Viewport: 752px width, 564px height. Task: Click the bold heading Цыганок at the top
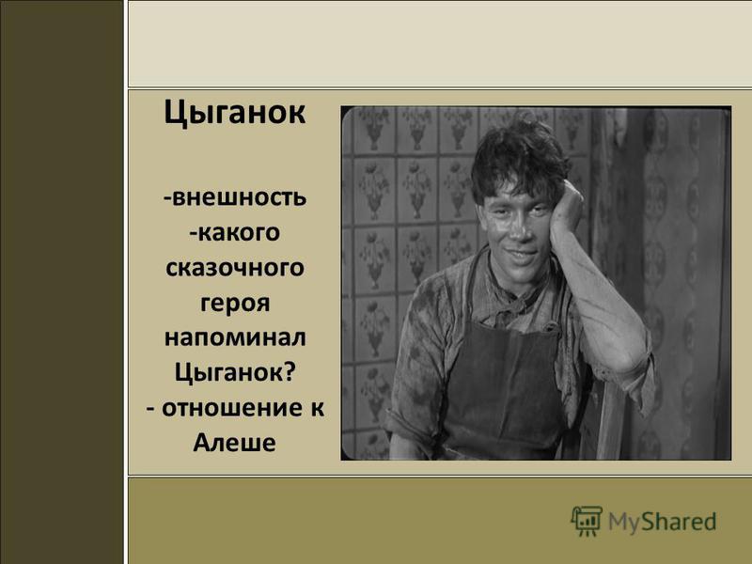pos(235,113)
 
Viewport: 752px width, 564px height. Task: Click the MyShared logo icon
pos(587,521)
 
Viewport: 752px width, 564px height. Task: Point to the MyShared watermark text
pos(662,522)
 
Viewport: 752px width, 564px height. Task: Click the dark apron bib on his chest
pos(503,376)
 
